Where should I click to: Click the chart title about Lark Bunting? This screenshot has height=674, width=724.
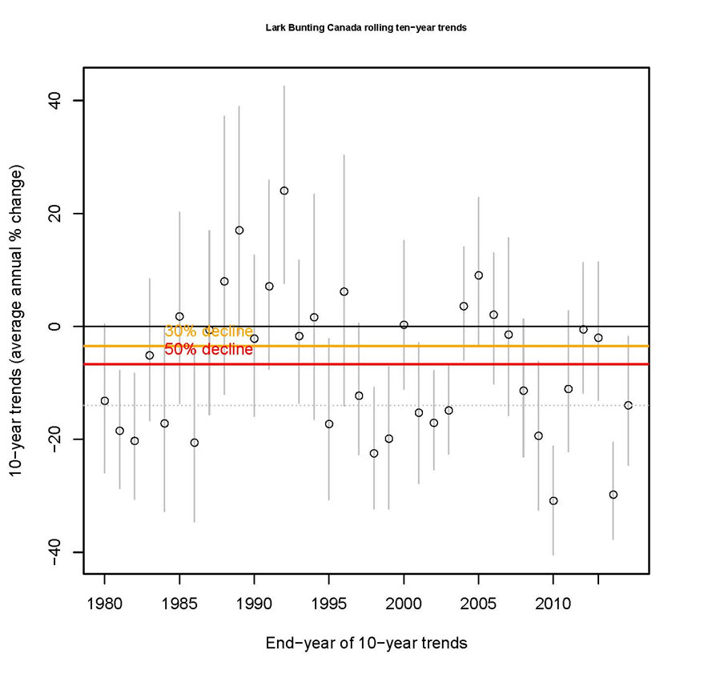tap(365, 27)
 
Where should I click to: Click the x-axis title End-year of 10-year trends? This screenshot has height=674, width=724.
tap(365, 643)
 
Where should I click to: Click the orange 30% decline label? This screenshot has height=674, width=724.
tap(208, 332)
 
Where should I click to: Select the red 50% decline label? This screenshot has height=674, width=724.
tap(208, 350)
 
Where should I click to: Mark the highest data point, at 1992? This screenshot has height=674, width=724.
tap(284, 191)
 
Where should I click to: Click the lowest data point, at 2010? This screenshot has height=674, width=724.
tap(553, 501)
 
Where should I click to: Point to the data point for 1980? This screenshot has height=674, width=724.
tap(104, 400)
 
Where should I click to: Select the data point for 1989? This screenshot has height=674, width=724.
tap(239, 231)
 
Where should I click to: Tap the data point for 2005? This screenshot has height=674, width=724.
tap(479, 275)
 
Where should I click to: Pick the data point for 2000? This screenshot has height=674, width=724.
tap(404, 325)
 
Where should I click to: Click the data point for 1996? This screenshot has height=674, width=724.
tap(344, 291)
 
